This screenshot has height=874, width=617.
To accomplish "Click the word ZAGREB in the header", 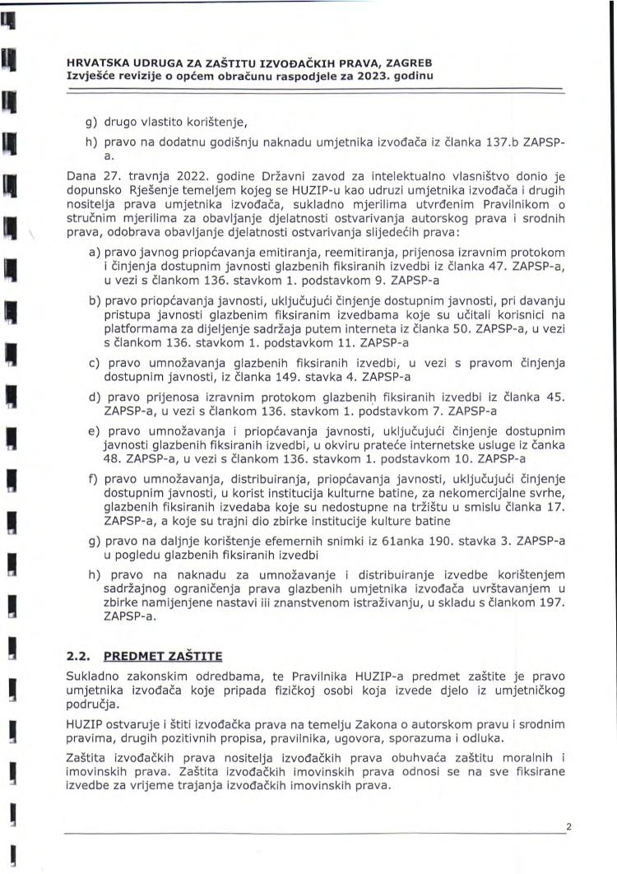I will coord(408,63).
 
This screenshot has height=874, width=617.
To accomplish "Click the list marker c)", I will coord(95,363).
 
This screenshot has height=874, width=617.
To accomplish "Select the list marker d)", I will coord(95,397).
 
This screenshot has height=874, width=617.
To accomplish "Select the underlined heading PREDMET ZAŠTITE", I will coord(163,656).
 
